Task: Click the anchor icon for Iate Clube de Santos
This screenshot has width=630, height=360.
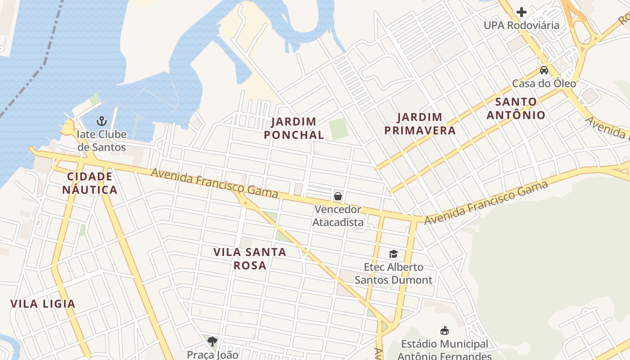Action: [102, 121]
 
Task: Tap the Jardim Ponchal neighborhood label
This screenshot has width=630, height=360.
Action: [294, 128]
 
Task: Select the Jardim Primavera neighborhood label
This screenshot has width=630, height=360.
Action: [426, 124]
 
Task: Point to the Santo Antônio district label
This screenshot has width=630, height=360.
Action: [516, 108]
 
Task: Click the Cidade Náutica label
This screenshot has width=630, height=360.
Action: [90, 183]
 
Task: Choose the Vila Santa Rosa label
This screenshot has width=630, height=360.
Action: [250, 258]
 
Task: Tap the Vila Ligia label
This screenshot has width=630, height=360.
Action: [43, 304]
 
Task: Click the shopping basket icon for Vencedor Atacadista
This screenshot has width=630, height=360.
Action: [337, 196]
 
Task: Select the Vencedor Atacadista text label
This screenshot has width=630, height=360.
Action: [337, 216]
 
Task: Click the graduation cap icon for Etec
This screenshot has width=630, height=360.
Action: [393, 254]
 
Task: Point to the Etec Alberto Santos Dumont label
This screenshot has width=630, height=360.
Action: [393, 274]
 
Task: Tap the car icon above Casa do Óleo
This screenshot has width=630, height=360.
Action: [544, 70]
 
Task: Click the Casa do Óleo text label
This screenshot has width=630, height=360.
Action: [544, 83]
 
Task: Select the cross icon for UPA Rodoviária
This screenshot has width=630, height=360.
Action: [522, 12]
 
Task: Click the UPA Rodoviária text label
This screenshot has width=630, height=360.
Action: [522, 25]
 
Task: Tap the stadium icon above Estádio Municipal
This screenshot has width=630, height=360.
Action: [445, 331]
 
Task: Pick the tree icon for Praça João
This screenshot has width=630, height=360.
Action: [212, 342]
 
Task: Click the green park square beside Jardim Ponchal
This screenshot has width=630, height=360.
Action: [338, 129]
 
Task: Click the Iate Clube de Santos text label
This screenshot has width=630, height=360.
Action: [102, 140]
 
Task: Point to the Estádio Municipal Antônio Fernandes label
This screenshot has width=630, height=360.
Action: [445, 350]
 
